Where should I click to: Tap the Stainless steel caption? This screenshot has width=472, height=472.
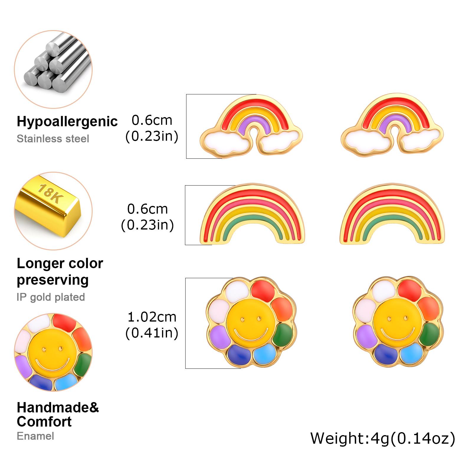53,139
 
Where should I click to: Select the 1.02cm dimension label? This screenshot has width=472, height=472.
152,317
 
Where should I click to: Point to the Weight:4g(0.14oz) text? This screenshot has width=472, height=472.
383,439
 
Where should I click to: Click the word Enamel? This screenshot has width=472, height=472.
35,436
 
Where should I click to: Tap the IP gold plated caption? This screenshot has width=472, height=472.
51,297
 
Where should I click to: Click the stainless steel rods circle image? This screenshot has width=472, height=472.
53,69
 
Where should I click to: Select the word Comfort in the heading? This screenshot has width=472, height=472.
44,422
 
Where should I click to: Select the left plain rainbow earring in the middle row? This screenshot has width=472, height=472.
252,214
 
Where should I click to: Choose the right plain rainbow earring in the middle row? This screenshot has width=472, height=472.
392,214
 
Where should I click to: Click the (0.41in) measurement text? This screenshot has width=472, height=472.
152,333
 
